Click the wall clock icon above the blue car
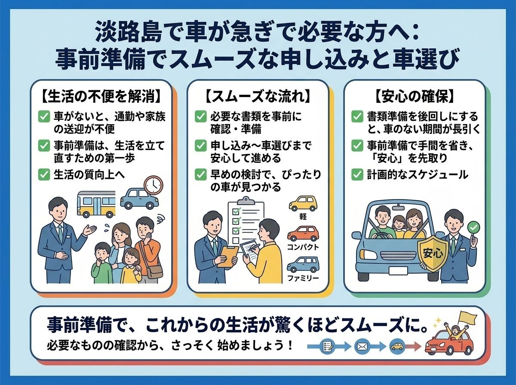pyautogui.click(x=153, y=185)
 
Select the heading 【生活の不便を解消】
pyautogui.click(x=101, y=97)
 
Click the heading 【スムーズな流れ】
pyautogui.click(x=258, y=97)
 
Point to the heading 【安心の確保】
pyautogui.click(x=415, y=97)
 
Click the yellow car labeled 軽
pyautogui.click(x=303, y=203)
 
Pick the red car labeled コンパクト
pyautogui.click(x=303, y=233)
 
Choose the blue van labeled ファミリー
pyautogui.click(x=303, y=264)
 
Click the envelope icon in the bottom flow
pyautogui.click(x=362, y=346)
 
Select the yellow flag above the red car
pyautogui.click(x=467, y=316)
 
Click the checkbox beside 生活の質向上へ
pyautogui.click(x=44, y=174)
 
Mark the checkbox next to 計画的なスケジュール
pyautogui.click(x=357, y=174)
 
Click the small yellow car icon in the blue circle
pyautogui.click(x=397, y=346)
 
